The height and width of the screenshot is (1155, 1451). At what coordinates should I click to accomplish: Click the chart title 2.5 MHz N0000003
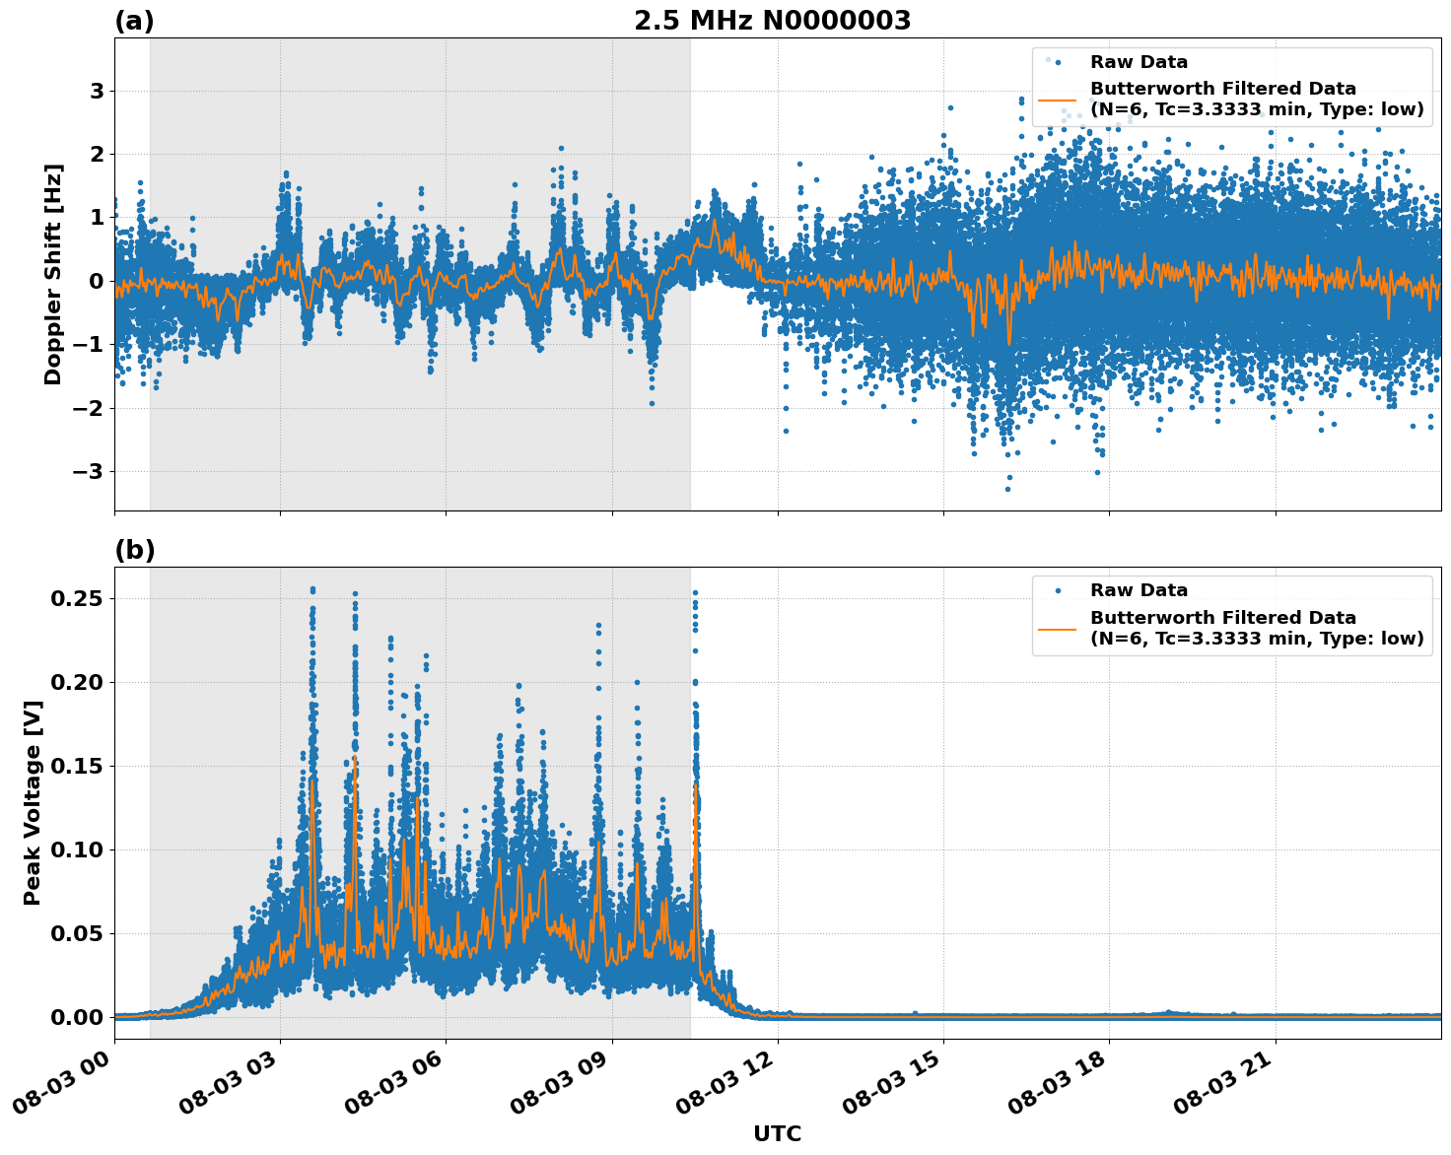coord(772,21)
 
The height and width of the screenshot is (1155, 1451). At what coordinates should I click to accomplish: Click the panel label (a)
coord(134,21)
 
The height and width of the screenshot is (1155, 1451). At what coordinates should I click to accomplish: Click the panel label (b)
coord(134,550)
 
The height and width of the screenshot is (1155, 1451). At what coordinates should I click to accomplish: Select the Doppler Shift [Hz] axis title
coord(53,274)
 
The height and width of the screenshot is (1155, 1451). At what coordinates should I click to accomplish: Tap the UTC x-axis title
coord(777,1133)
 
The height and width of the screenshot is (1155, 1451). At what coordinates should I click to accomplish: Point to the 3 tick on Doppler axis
coord(97,91)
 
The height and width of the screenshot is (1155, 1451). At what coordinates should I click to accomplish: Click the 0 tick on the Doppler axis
coord(97,281)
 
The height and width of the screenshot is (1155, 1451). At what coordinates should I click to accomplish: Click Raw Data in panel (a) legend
coord(1139,62)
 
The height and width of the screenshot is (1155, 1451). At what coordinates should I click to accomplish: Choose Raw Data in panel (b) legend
coord(1139,590)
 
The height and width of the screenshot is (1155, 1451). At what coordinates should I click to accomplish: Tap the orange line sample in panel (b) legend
coord(1057,628)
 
